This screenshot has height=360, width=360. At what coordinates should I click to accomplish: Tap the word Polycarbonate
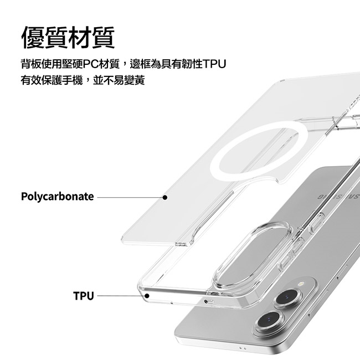pos(58,197)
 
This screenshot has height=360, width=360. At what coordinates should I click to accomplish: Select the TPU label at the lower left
pos(84,296)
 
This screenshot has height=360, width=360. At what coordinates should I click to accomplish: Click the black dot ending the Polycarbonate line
pos(165,197)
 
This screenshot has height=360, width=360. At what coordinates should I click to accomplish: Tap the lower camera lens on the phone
pos(269,321)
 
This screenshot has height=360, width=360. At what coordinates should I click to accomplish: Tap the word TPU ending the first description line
pos(215,65)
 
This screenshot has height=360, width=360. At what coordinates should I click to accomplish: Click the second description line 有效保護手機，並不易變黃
pos(83,81)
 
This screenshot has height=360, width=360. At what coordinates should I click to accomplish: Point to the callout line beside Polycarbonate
pos(130,197)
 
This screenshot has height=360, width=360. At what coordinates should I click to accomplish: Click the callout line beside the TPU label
pos(120,296)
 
